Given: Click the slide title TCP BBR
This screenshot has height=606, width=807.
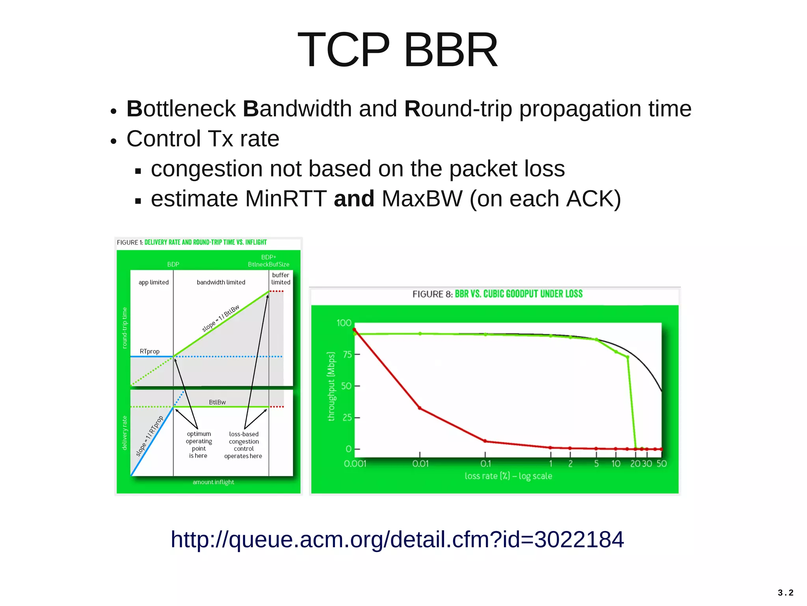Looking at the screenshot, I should tap(398, 50).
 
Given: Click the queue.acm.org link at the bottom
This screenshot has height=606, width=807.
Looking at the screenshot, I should tap(397, 539).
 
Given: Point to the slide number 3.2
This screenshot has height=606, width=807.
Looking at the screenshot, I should tap(785, 593).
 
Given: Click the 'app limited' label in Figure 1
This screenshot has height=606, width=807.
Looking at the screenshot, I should tap(153, 282).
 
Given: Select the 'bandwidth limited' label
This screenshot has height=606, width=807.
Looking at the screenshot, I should tap(221, 282).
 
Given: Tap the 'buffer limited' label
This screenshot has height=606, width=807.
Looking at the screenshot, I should tap(281, 279).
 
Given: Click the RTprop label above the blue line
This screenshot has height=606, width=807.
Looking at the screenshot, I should tap(149, 351).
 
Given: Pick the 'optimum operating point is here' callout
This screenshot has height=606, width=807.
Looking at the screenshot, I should tap(199, 445).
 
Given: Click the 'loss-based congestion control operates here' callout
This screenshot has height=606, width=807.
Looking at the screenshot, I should tap(244, 445).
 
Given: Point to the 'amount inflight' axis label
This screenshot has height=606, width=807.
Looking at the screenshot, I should tap(213, 482).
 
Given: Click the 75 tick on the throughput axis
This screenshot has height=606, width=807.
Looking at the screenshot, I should tap(347, 354).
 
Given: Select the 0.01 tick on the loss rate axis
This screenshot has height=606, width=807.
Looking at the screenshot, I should tap(420, 464).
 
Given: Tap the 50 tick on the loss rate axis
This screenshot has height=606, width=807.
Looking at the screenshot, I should tap(661, 464).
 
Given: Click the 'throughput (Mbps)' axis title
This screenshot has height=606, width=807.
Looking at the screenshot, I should tap(331, 386).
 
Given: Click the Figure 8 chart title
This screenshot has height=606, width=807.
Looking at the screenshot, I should tap(497, 294).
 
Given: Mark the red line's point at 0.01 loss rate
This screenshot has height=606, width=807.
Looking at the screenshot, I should tap(420, 408).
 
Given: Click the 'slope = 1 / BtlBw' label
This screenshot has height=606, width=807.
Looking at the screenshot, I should tap(221, 318).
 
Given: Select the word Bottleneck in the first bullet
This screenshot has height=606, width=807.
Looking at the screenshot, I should tap(181, 108).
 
